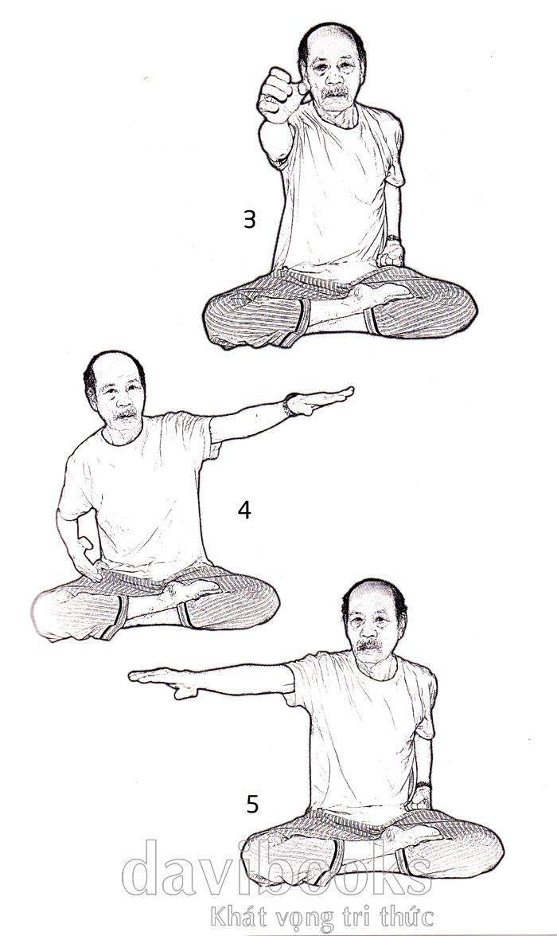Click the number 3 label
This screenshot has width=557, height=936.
249,220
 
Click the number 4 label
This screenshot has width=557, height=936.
244,510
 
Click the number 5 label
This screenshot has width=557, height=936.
252,804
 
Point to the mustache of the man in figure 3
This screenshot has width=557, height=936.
336,92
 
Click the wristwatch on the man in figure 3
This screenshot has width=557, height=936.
392,239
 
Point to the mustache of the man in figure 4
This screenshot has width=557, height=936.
125,413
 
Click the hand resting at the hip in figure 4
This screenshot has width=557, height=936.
88,558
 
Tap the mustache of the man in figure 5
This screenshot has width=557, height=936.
370,644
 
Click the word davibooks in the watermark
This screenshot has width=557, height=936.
277,868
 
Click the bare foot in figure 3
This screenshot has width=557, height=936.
382,293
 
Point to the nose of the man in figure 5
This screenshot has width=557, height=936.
368,630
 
